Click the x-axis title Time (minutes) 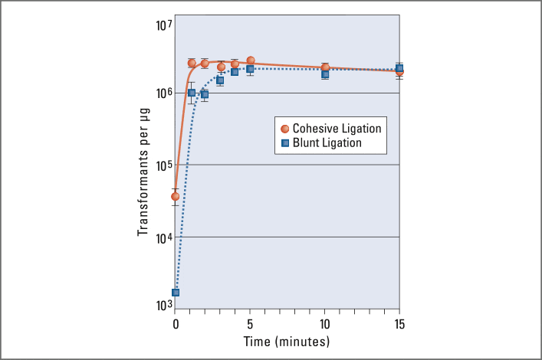coord(287,341)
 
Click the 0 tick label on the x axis coord(176,323)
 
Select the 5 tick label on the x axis coord(250,323)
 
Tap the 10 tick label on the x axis coord(325,323)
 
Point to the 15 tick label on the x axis coord(399,323)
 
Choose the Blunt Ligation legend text coord(327,142)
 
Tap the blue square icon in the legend coord(284,142)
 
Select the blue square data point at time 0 coord(176,293)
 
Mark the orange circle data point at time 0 coord(176,196)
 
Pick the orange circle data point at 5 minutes coord(251,61)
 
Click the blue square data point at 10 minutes coord(325,74)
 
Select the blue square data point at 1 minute coord(191,93)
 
